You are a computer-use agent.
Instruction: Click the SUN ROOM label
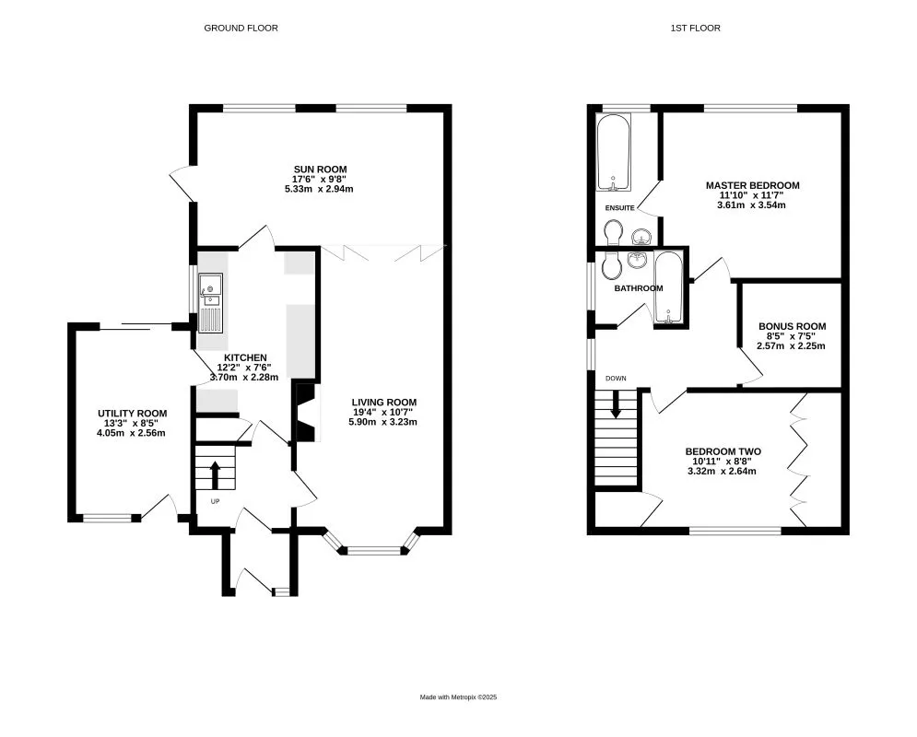tap(320, 170)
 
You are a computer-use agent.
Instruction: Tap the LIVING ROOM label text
tap(384, 402)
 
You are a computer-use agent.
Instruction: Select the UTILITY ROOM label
tap(132, 414)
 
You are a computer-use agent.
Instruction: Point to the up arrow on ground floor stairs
tap(215, 474)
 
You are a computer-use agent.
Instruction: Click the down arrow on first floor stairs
tap(616, 404)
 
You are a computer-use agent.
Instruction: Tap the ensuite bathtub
tap(614, 152)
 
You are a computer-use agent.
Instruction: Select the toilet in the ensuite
tap(614, 232)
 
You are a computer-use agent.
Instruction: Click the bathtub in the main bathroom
tap(668, 287)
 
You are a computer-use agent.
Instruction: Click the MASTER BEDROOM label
tap(753, 185)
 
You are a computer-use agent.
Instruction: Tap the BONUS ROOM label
tap(793, 326)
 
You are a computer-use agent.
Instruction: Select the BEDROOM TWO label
tap(723, 451)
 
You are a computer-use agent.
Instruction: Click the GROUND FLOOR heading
tap(241, 28)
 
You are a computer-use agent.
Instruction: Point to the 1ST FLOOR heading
tap(695, 28)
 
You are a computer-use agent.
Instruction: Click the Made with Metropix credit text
tap(459, 696)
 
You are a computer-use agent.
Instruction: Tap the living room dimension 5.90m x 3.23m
tap(383, 422)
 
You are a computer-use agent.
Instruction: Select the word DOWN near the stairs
tap(616, 378)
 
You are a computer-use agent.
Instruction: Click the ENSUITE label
tap(620, 207)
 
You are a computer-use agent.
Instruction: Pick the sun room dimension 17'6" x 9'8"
tap(320, 180)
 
